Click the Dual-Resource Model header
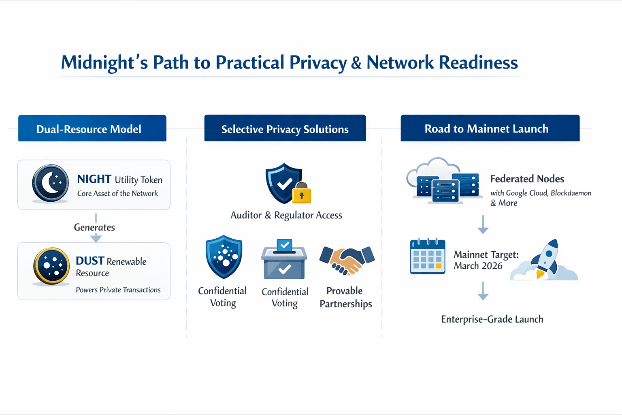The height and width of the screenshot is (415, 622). click(x=92, y=128)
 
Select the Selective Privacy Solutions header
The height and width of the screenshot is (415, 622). click(x=285, y=128)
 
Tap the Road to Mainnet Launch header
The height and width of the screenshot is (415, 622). click(x=490, y=128)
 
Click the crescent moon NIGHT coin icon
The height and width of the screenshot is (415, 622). click(x=51, y=183)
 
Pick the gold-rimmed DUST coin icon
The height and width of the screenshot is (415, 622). click(x=51, y=266)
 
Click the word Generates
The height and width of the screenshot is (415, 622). click(x=94, y=227)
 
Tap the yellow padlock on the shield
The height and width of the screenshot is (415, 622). click(x=302, y=194)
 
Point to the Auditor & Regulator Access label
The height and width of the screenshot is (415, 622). click(x=286, y=215)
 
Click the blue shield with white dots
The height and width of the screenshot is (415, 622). click(x=224, y=257)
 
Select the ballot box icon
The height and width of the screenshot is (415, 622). click(x=284, y=259)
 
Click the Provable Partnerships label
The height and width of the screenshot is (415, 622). click(x=345, y=297)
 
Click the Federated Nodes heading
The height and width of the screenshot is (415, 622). click(x=527, y=179)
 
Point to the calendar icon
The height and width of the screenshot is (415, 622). click(x=427, y=257)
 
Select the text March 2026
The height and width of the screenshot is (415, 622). click(x=478, y=266)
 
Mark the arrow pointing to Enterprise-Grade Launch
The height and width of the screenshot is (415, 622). click(x=483, y=291)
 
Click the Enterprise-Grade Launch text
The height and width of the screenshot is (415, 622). click(x=492, y=319)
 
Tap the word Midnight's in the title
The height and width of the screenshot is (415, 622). click(x=104, y=63)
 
